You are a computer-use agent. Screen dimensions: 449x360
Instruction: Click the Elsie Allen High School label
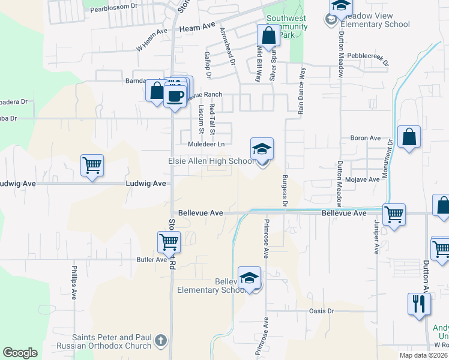click(x=210, y=161)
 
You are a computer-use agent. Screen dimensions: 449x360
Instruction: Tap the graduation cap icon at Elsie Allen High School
click(x=262, y=150)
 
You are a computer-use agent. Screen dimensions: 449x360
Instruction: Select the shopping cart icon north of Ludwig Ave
click(x=92, y=165)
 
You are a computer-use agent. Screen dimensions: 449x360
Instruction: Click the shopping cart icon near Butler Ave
click(x=169, y=242)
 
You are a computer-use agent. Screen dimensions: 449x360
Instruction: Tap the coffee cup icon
click(x=175, y=96)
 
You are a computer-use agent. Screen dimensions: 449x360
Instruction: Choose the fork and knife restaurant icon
click(x=419, y=304)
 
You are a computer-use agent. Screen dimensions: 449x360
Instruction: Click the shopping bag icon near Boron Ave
click(x=409, y=137)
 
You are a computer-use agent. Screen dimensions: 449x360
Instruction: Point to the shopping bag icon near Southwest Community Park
click(x=268, y=35)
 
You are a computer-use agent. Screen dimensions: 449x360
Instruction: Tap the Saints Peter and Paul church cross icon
click(x=160, y=341)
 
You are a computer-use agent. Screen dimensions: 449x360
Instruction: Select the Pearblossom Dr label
click(x=113, y=9)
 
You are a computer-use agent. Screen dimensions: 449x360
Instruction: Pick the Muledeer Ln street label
click(x=206, y=144)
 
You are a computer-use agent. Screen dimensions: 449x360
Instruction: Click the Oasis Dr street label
click(x=321, y=310)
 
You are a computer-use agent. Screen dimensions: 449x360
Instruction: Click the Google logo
click(x=20, y=353)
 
